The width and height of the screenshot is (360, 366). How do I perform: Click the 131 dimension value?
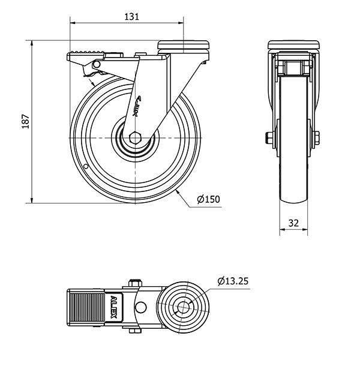coord(132,17)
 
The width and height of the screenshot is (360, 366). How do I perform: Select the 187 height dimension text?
coord(25,121)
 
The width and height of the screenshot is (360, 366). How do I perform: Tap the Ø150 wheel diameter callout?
coord(208,199)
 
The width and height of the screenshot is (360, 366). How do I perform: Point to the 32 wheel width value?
coord(293,223)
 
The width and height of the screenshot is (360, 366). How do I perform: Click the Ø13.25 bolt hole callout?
coord(233,281)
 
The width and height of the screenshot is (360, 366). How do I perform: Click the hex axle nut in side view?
coord(135,138)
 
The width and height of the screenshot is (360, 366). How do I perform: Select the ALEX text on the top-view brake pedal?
coord(113,307)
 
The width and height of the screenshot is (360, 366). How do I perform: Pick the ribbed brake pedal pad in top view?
coord(87,307)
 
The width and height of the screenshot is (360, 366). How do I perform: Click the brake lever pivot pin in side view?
coord(97,64)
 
